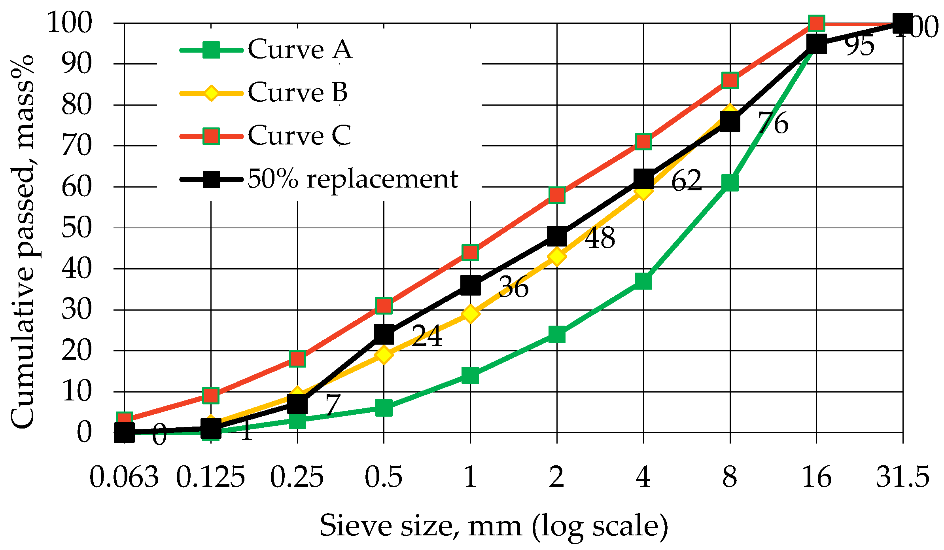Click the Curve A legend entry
click(299, 49)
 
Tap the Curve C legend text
click(299, 136)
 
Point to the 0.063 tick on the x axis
click(124, 477)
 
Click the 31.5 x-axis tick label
click(902, 477)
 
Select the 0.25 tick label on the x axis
click(297, 477)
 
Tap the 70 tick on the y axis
click(76, 146)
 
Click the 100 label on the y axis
click(69, 23)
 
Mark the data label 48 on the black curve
click(600, 238)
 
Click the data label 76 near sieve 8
click(773, 123)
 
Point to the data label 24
click(426, 336)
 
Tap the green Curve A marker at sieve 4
click(643, 281)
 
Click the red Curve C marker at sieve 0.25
click(297, 358)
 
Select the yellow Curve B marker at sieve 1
click(470, 314)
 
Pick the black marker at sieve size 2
click(556, 236)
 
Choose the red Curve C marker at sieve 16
click(816, 23)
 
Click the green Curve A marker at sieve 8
click(730, 183)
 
